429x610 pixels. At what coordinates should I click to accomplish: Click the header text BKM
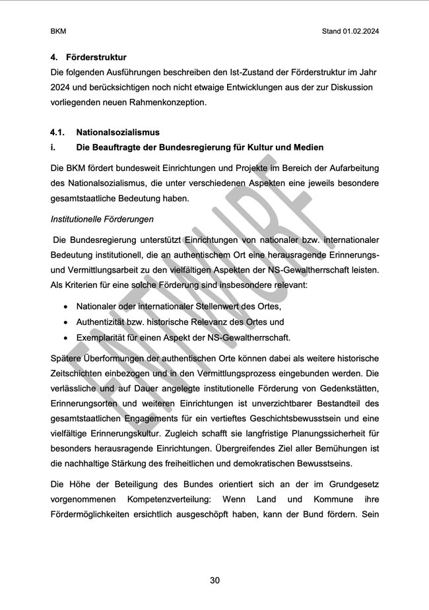click(x=58, y=31)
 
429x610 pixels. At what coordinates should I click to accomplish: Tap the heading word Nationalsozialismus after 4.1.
click(x=117, y=133)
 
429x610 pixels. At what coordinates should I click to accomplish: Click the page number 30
click(x=214, y=580)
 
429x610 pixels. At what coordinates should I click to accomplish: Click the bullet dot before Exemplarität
click(x=65, y=338)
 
